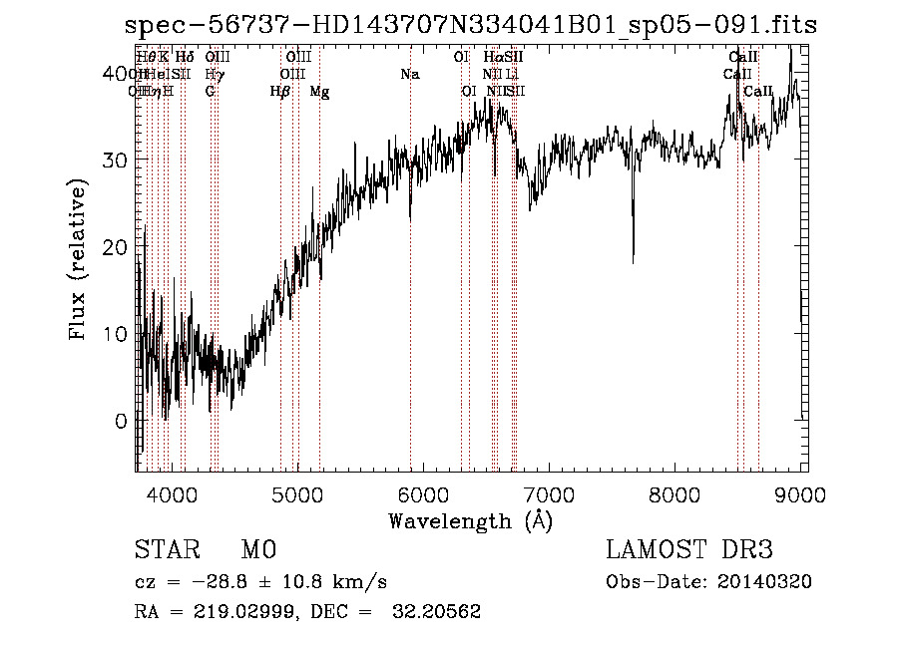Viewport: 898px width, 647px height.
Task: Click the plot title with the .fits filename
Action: (x=471, y=24)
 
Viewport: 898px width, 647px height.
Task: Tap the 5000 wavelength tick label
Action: (x=297, y=494)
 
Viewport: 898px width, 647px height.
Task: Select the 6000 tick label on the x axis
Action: (x=424, y=494)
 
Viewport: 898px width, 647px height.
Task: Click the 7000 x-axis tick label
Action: (x=550, y=494)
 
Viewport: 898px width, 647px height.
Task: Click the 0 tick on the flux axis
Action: (x=120, y=421)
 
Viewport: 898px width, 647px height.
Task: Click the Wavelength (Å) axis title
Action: (x=471, y=520)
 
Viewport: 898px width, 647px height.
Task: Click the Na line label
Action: (x=409, y=75)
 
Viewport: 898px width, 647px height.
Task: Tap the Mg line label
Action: (x=319, y=92)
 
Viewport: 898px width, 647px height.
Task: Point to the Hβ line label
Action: (x=280, y=92)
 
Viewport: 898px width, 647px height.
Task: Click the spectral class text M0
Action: (x=257, y=550)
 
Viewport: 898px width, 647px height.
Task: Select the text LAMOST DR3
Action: (x=689, y=550)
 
